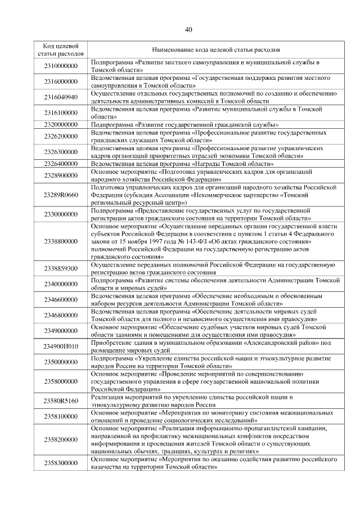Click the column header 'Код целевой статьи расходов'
tap(61, 49)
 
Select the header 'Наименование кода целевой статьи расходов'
tap(216, 49)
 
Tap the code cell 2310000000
tap(61, 66)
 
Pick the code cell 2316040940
tap(61, 96)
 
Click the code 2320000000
tap(61, 124)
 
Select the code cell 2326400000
tap(61, 164)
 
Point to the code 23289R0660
tap(61, 195)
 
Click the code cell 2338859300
tap(61, 268)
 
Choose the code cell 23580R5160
tap(61, 401)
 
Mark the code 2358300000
tap(61, 463)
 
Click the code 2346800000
tap(61, 315)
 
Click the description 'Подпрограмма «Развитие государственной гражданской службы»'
tap(185, 124)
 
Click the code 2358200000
tap(61, 439)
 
